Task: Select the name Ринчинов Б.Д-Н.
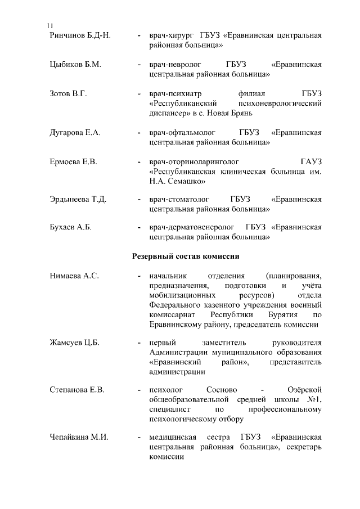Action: (80, 35)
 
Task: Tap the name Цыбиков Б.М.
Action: (75, 65)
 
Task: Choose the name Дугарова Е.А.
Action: (75, 133)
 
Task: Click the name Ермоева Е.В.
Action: (74, 162)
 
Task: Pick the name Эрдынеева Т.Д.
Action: (78, 200)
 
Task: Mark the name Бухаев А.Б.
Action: (71, 227)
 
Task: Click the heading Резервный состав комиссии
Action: (186, 256)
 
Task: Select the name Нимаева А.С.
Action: (74, 276)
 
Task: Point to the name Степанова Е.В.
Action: (78, 390)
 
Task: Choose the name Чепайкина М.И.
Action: (79, 437)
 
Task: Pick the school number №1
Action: (315, 399)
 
